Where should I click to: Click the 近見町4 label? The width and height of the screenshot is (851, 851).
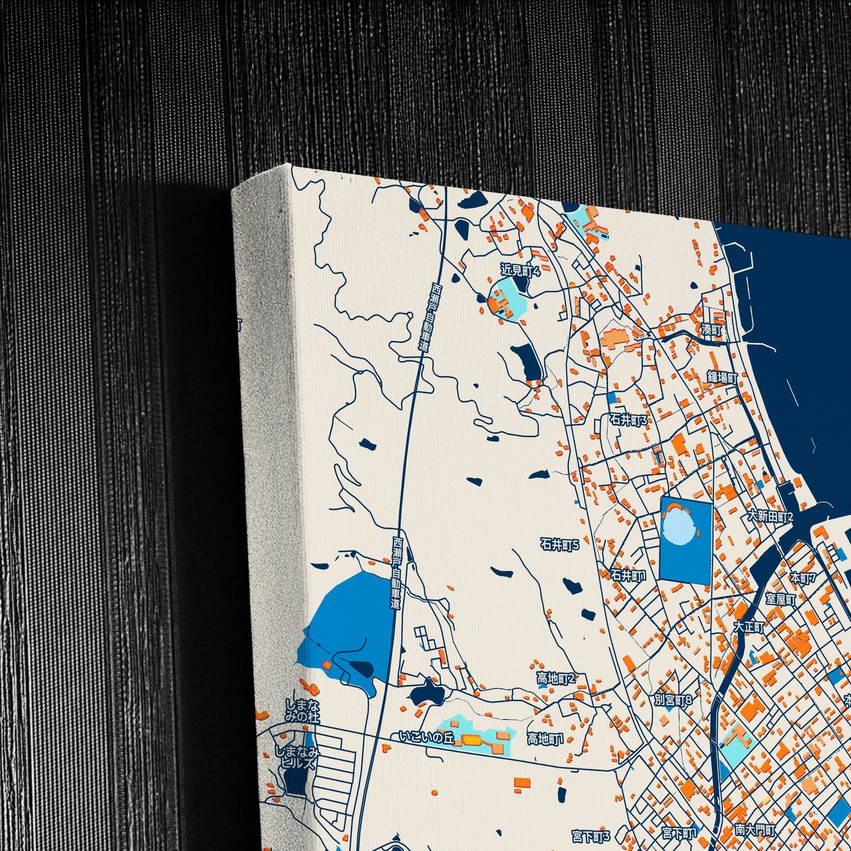[520, 271]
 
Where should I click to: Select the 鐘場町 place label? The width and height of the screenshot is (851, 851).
[723, 377]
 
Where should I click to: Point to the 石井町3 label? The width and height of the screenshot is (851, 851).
[628, 420]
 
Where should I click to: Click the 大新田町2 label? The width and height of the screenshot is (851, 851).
[770, 516]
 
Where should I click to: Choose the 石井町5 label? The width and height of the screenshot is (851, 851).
[559, 545]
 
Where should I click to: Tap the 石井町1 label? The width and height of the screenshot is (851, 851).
[628, 575]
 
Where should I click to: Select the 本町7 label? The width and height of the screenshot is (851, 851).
[803, 578]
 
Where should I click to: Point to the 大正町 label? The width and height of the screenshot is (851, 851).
[749, 627]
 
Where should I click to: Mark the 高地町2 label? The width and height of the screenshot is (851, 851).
[555, 679]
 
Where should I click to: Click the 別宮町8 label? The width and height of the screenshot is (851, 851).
[673, 700]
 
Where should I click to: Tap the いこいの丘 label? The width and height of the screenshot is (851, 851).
[426, 737]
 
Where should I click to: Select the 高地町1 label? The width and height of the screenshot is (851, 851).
[545, 739]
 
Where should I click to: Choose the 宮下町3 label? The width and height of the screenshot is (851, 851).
[591, 836]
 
